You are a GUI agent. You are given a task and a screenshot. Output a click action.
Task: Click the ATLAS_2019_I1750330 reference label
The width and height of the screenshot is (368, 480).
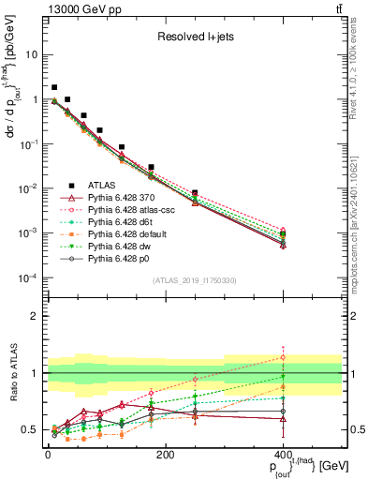tap(194, 279)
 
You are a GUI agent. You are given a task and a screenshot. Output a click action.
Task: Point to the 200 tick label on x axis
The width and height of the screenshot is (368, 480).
tap(165, 455)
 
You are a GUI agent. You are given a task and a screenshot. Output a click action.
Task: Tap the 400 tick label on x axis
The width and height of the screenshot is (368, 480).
tap(283, 455)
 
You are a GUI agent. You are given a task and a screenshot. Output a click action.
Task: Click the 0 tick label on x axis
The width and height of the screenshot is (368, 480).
tap(48, 455)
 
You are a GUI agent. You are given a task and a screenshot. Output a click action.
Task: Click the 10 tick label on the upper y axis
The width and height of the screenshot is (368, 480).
tap(31, 54)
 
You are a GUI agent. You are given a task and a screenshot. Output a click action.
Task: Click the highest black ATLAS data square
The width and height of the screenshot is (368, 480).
tap(54, 87)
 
